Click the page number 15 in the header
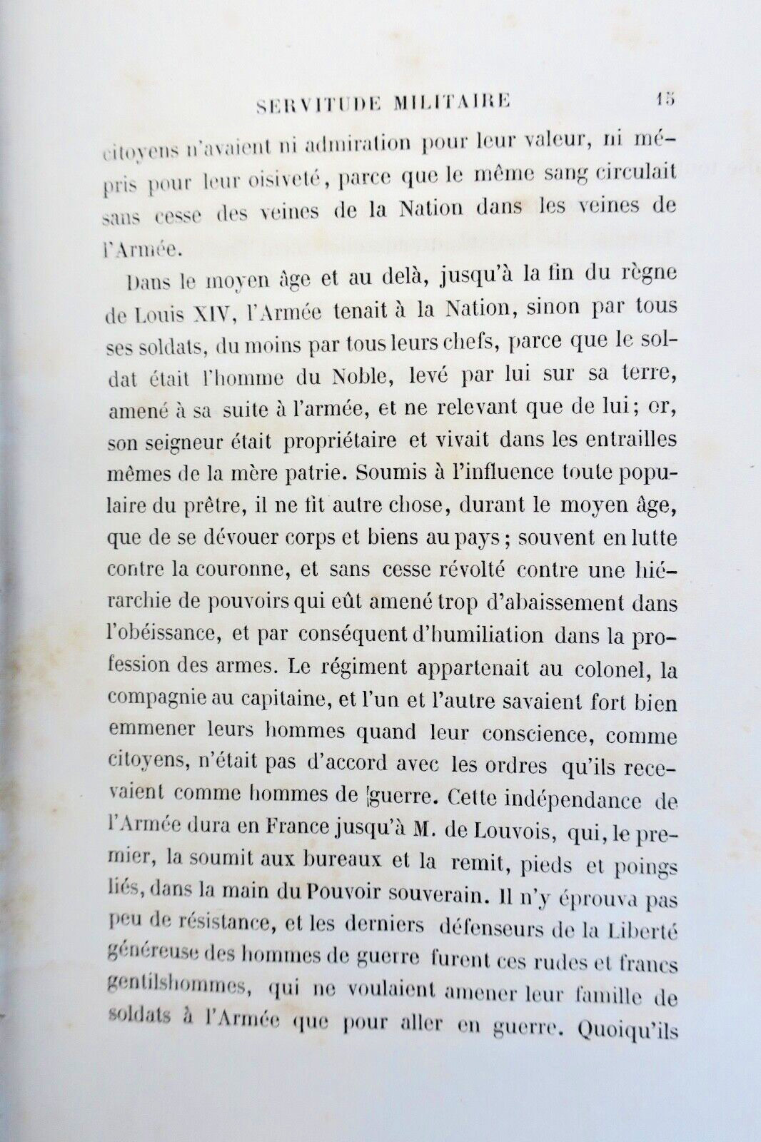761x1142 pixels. [665, 99]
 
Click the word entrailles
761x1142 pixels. [628, 440]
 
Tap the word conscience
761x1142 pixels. [540, 734]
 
